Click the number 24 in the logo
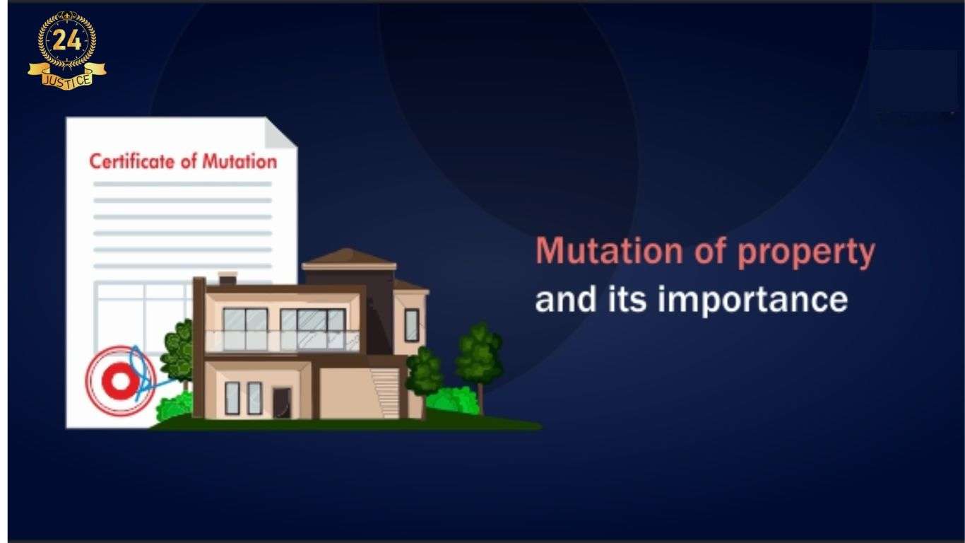click(66, 41)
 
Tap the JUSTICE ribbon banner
click(67, 76)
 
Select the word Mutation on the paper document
click(239, 161)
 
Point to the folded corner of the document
click(280, 132)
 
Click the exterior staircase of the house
click(386, 393)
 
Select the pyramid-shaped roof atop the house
click(348, 258)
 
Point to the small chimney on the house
click(227, 278)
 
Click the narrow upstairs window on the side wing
click(411, 325)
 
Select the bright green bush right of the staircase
click(452, 400)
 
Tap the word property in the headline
click(806, 253)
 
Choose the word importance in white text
click(752, 300)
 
